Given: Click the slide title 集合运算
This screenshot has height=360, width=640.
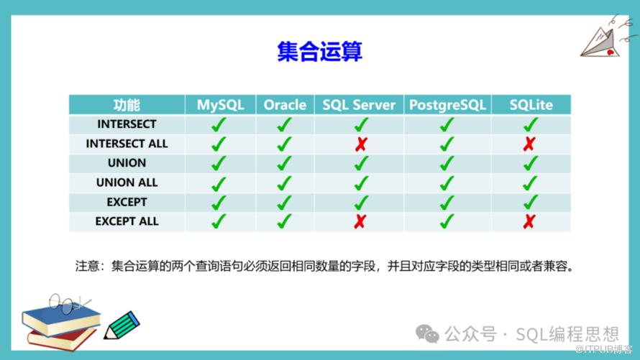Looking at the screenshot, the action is coord(319,51).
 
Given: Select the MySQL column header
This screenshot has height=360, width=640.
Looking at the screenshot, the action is coord(221,105).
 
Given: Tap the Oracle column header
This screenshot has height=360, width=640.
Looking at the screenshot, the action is coord(285,105).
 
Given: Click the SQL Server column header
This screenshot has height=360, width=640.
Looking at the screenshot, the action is coord(359,105).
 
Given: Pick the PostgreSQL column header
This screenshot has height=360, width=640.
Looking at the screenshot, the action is coord(447,105).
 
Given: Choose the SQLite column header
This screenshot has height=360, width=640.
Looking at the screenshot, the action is coord(531,105).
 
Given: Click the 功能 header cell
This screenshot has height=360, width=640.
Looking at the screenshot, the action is coord(127,105).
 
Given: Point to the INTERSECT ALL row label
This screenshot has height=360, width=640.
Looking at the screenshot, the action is coord(127,144).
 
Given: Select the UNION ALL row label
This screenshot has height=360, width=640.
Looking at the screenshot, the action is coord(127,183).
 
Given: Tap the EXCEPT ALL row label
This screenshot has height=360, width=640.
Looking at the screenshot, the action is coord(127,221).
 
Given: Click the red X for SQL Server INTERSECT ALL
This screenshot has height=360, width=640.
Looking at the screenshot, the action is coord(361,144).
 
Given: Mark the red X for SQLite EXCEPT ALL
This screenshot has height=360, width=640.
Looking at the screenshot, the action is coord(529,221).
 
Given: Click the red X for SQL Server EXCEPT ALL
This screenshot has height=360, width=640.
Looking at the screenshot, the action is coord(360,221).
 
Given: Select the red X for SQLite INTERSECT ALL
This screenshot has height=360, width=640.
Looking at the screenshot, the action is coord(529,144).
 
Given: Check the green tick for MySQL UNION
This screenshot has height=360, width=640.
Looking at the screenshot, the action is coord(219,163).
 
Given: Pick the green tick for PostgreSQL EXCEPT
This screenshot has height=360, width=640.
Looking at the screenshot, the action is coord(447,202).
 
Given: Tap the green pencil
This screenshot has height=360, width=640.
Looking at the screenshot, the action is coord(122,326).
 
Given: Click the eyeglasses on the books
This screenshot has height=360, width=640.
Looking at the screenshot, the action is coord(68,303).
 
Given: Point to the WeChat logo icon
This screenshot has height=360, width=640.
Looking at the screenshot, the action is coord(427,334).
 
